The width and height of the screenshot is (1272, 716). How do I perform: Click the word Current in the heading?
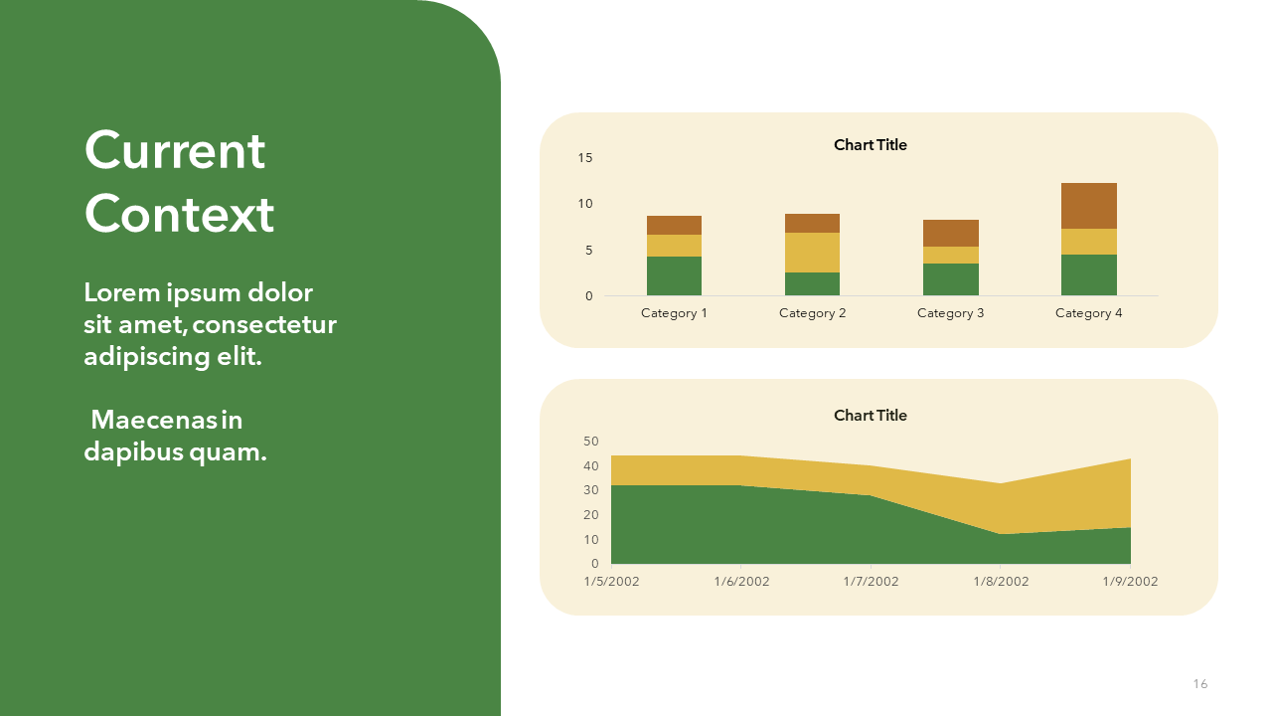point(175,150)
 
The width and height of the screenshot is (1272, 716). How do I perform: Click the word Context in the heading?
point(180,214)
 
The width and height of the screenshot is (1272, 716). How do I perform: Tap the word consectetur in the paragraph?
point(264,325)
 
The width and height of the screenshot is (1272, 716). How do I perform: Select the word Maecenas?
point(154,420)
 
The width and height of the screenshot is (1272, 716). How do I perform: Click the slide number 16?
point(1199,683)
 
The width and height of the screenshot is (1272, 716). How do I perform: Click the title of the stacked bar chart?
point(870,145)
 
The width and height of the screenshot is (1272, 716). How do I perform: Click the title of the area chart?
point(870,416)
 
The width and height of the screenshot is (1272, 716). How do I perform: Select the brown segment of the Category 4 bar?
point(1088,206)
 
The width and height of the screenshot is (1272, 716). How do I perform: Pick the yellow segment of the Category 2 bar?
point(812,253)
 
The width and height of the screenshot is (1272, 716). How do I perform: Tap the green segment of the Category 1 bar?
point(674,275)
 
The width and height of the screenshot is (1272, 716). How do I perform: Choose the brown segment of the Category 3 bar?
point(951,233)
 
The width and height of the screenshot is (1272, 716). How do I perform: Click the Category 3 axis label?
point(951,313)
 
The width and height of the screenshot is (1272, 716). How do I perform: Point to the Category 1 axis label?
point(674,313)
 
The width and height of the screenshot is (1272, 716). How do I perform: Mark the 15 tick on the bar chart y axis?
point(585,158)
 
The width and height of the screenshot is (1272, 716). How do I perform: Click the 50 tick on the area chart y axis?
point(591,441)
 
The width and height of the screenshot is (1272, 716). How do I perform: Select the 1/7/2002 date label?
point(871,582)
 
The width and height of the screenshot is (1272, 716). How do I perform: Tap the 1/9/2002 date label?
point(1130,582)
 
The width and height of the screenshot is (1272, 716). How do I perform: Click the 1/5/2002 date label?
point(611,582)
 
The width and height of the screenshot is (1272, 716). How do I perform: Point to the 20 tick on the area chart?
point(591,515)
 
